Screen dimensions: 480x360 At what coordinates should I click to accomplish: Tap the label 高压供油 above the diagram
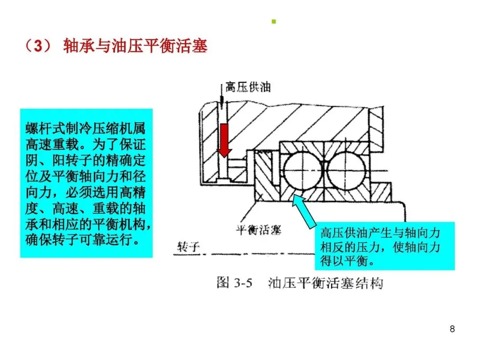pyautogui.click(x=248, y=87)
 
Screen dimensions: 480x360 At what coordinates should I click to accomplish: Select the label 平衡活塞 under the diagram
pyautogui.click(x=258, y=230)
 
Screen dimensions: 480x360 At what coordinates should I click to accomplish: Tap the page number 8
pyautogui.click(x=452, y=329)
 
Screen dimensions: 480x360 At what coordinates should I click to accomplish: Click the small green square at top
pyautogui.click(x=274, y=21)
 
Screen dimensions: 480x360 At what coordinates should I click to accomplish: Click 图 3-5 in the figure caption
pyautogui.click(x=234, y=283)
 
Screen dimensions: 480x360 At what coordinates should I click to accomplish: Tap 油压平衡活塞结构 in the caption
pyautogui.click(x=326, y=283)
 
